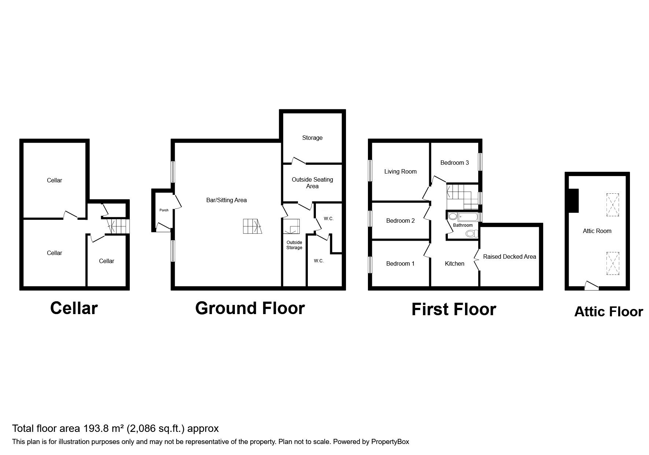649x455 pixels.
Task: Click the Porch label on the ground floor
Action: click(x=164, y=210)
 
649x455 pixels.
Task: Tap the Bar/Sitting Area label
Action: click(x=226, y=200)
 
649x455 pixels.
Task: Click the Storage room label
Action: click(x=312, y=138)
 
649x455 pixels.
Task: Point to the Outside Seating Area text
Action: click(x=312, y=183)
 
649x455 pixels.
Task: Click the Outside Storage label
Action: click(x=294, y=245)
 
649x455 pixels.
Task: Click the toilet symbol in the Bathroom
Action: click(x=471, y=233)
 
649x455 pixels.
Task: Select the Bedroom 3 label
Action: click(x=454, y=163)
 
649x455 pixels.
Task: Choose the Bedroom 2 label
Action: click(x=400, y=221)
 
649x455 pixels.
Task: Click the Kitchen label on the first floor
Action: click(x=454, y=264)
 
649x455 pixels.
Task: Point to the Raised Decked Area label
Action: click(x=509, y=257)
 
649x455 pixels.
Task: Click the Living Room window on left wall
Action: click(x=370, y=170)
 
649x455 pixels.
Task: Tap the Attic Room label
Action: click(x=597, y=231)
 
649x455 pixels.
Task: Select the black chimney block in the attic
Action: click(x=573, y=200)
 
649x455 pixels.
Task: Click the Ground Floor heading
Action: click(x=250, y=308)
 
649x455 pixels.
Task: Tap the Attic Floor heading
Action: click(x=608, y=312)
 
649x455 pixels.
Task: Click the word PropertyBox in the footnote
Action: click(x=390, y=442)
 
